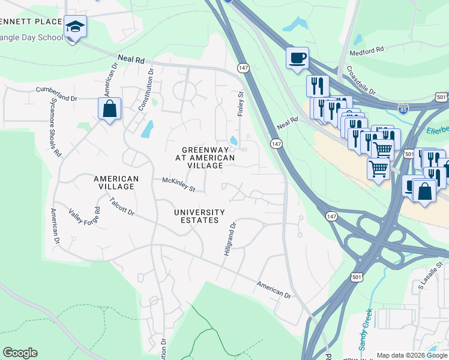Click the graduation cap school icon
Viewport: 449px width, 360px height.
76,26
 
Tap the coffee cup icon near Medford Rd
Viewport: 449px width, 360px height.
298,58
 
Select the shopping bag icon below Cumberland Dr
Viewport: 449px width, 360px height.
109,109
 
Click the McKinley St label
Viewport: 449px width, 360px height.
178,184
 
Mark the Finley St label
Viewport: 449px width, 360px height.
241,103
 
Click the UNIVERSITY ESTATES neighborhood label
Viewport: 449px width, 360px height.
199,216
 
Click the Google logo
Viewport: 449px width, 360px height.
20,353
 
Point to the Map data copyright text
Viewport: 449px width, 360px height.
412,355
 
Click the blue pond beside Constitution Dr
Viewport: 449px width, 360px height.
146,128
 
